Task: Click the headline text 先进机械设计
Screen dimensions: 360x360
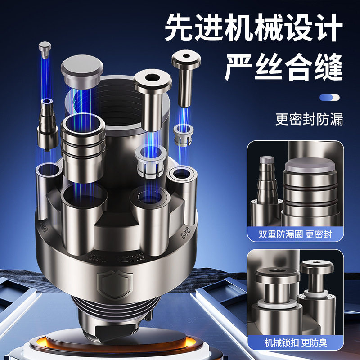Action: point(253,28)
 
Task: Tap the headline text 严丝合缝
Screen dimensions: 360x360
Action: point(283,67)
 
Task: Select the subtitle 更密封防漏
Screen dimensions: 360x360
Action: point(309,120)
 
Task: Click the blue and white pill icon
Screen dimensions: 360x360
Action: point(329,97)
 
